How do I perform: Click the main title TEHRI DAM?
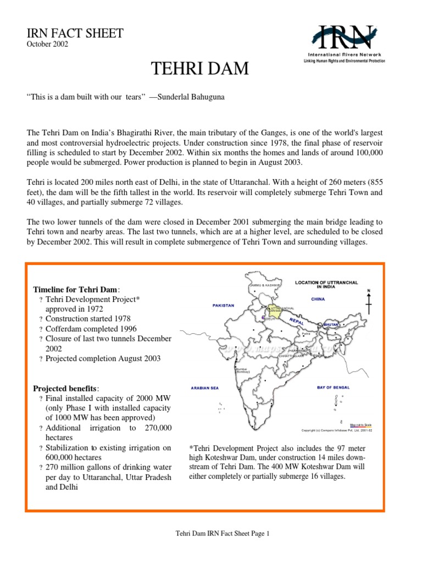click(x=199, y=69)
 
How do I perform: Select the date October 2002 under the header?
click(x=47, y=45)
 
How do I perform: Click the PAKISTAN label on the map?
click(x=223, y=305)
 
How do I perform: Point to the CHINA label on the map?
click(x=318, y=299)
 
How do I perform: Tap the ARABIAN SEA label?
click(x=204, y=388)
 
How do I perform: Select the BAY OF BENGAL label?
click(x=335, y=387)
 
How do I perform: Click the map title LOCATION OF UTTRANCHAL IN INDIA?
click(x=326, y=284)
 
